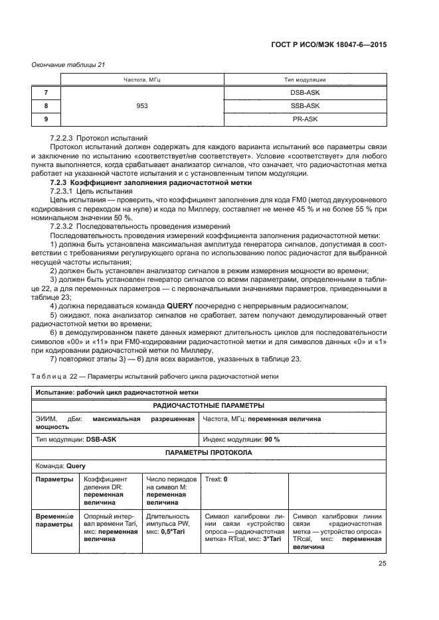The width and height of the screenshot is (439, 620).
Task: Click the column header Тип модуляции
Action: pyautogui.click(x=305, y=80)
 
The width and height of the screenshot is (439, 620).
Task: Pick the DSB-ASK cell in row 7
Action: pyautogui.click(x=305, y=93)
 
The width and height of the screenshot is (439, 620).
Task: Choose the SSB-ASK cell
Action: pyautogui.click(x=305, y=105)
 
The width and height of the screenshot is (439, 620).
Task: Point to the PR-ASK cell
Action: pyautogui.click(x=305, y=118)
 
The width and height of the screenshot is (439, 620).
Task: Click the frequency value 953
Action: pyautogui.click(x=142, y=105)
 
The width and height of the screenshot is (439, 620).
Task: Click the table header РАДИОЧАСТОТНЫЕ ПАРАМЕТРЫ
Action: pyautogui.click(x=209, y=405)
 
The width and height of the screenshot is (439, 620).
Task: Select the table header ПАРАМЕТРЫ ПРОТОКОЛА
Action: pyautogui.click(x=209, y=452)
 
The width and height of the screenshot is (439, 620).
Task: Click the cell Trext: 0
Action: pyautogui.click(x=217, y=479)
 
